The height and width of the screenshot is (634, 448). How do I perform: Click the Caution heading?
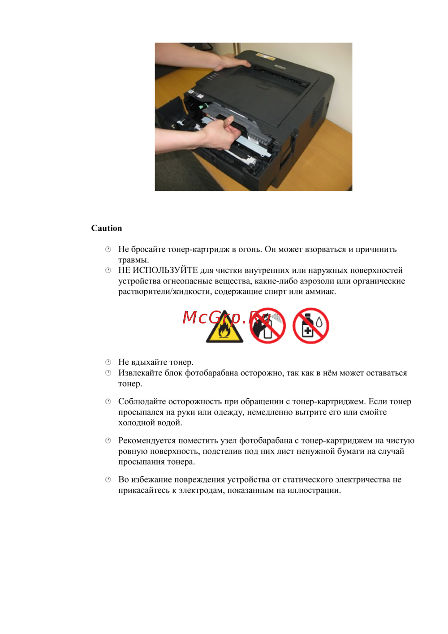tap(106, 228)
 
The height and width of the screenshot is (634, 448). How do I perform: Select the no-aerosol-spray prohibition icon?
tap(268, 326)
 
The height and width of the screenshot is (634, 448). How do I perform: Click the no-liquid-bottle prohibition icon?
tap(310, 326)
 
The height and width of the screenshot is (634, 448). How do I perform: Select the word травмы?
tap(133, 260)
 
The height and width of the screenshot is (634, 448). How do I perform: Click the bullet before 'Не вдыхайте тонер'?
tap(108, 362)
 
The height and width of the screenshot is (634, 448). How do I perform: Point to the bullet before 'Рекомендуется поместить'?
tap(108, 440)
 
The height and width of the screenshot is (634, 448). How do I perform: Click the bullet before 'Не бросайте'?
tap(108, 249)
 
